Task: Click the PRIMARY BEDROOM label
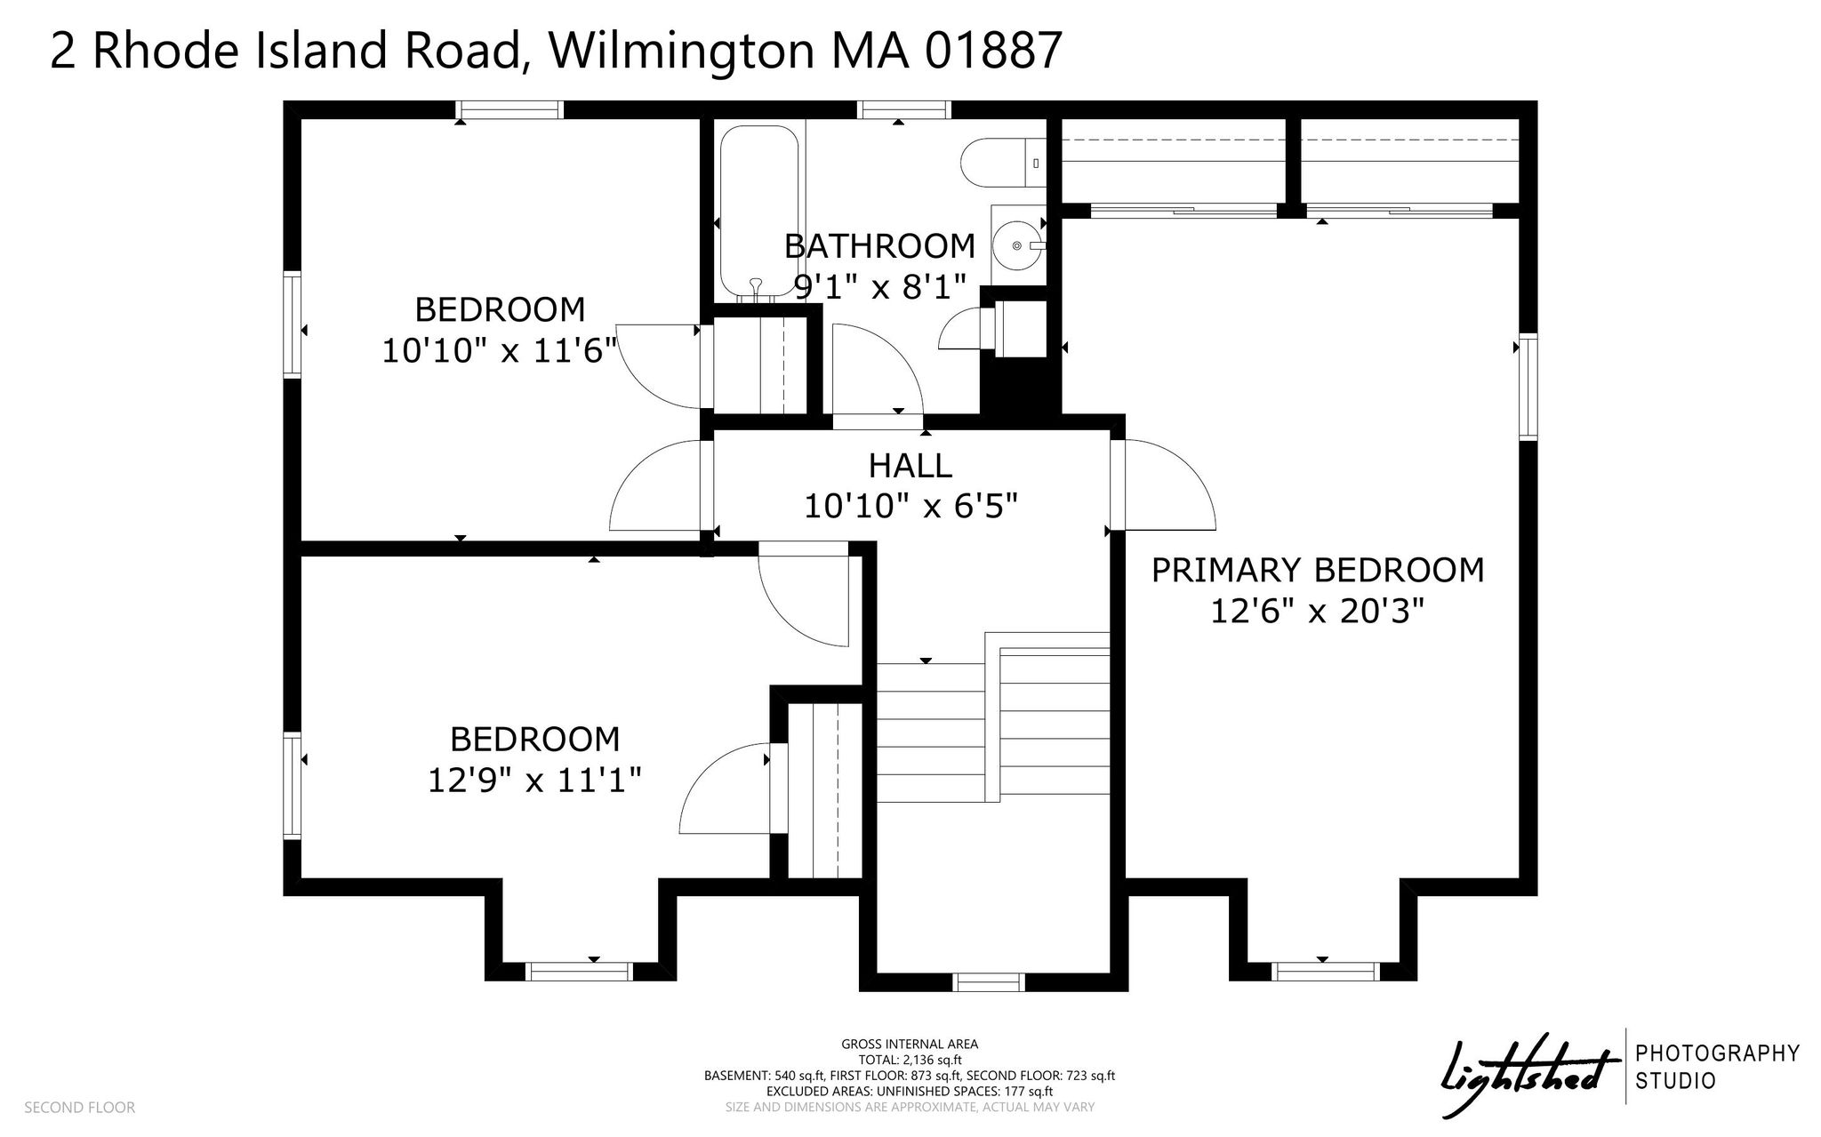(1318, 570)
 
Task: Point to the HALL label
(910, 465)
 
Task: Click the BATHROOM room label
(879, 245)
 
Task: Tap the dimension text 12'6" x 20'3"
(1318, 612)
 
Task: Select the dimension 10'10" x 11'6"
(499, 351)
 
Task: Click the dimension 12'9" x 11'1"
(534, 781)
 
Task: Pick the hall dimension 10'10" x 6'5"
(910, 506)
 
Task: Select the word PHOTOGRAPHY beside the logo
(1718, 1053)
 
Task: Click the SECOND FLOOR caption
(80, 1108)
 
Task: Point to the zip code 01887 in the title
(993, 50)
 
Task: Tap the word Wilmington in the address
(681, 52)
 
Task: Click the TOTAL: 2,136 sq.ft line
(910, 1060)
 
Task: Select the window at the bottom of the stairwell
(989, 982)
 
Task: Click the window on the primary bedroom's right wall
(1528, 387)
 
